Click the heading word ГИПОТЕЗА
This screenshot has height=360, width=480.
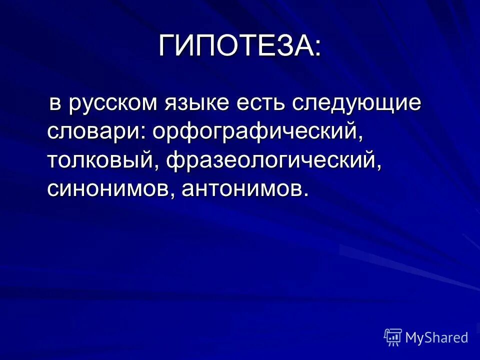235,46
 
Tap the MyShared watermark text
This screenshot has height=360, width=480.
436,337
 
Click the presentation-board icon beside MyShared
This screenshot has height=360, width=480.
393,337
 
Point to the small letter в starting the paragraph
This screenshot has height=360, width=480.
55,105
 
